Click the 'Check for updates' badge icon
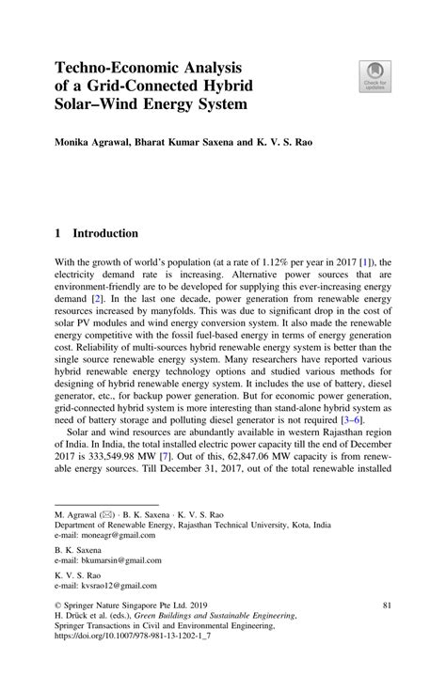tap(374, 76)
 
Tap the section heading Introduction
tap(106, 233)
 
